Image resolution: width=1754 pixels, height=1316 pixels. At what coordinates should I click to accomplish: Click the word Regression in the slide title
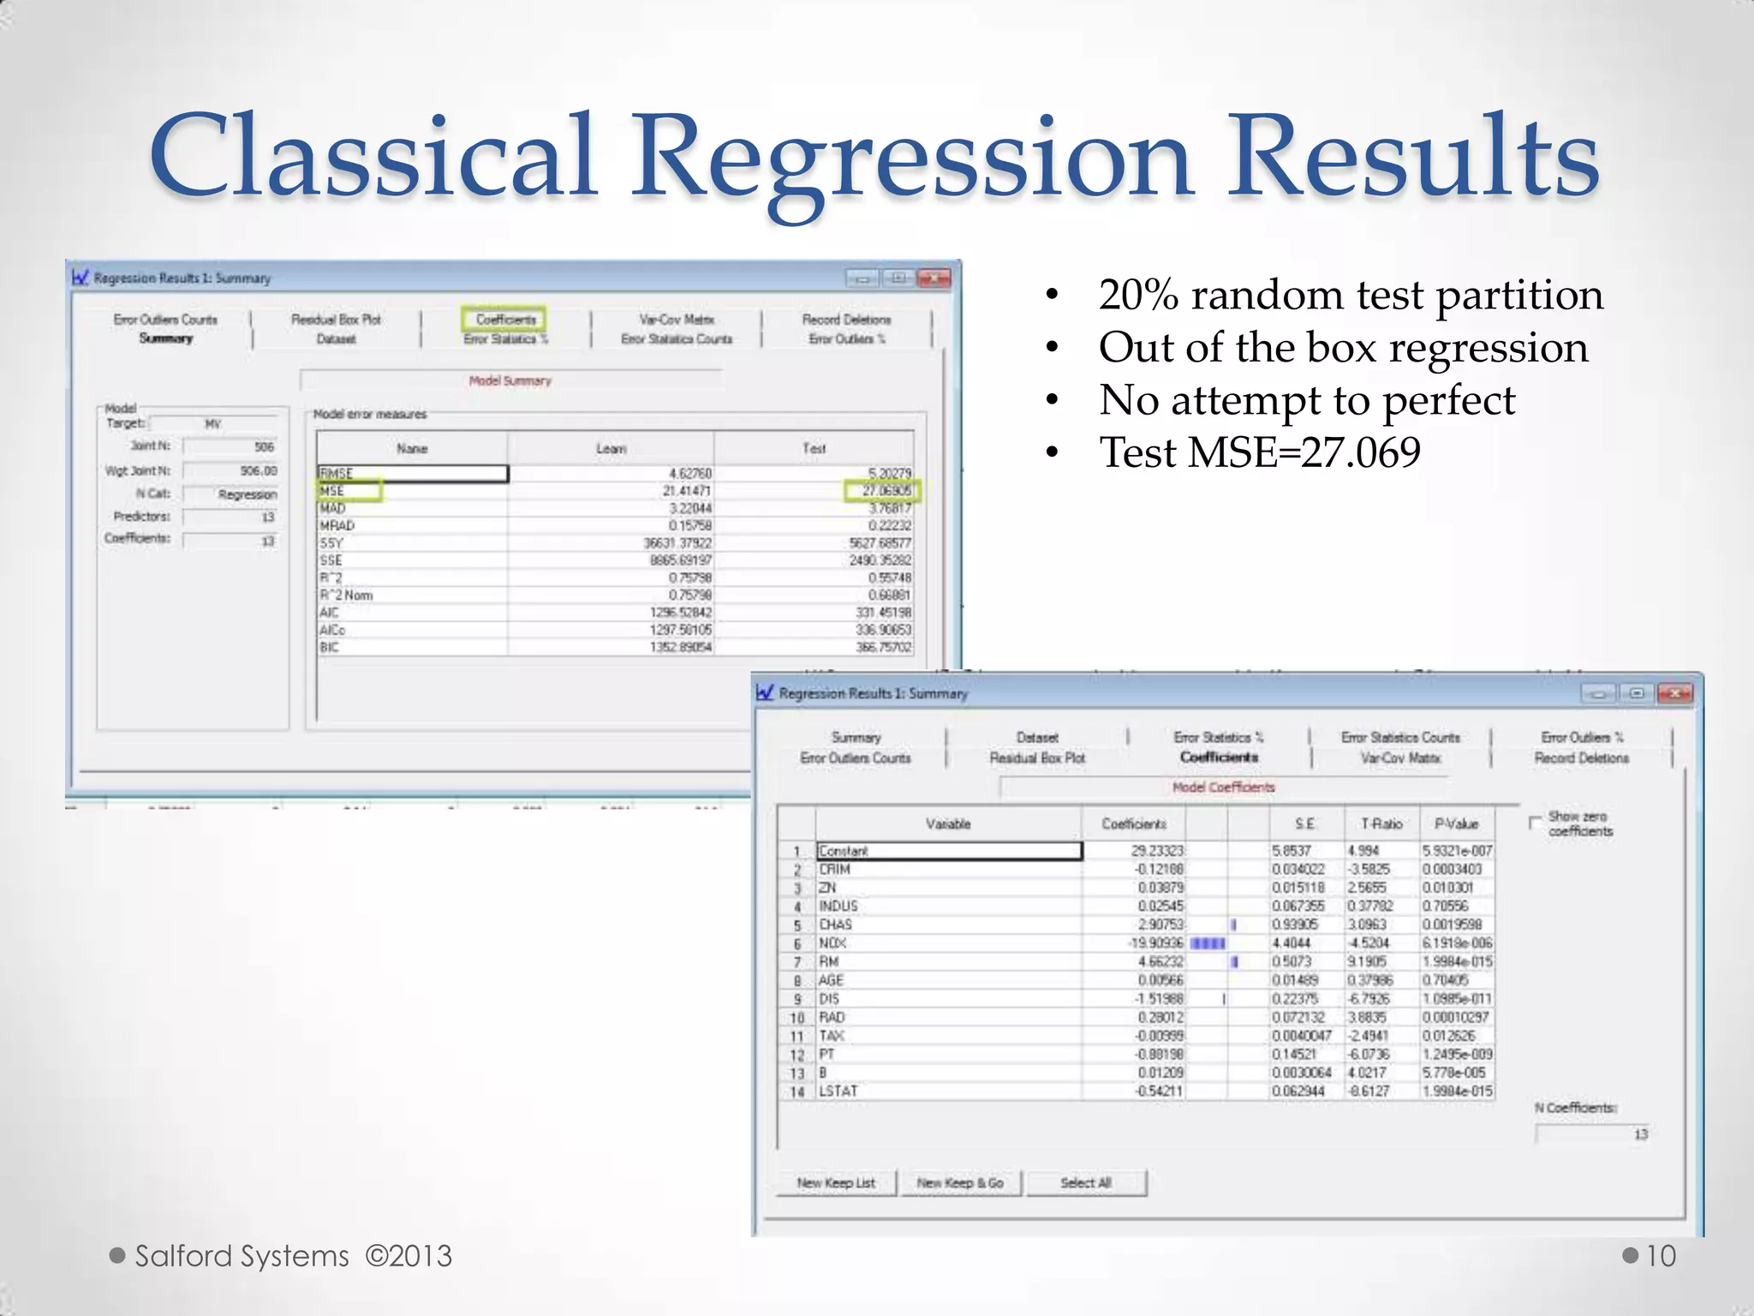point(912,159)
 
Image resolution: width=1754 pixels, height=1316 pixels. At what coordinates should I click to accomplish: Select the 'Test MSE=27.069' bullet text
point(1259,452)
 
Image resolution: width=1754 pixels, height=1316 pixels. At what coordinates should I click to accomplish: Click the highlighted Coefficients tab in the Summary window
point(504,320)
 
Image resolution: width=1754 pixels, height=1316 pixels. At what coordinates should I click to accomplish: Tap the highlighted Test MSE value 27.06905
point(882,491)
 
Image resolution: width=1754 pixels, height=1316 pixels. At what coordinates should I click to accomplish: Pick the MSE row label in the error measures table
point(332,491)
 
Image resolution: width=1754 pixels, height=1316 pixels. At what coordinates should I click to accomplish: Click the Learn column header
point(611,448)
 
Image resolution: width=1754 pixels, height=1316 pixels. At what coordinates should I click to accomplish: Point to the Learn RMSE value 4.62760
point(689,473)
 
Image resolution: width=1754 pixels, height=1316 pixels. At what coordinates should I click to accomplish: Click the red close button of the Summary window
point(933,278)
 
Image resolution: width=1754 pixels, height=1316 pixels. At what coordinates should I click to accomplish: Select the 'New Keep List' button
point(836,1182)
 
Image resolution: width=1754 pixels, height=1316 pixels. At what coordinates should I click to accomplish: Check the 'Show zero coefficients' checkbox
point(1535,822)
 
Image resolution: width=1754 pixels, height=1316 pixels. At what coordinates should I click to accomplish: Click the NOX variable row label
point(832,943)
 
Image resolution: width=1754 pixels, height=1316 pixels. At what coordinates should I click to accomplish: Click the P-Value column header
point(1457,823)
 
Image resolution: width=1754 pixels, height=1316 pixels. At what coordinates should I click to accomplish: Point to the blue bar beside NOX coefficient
point(1208,943)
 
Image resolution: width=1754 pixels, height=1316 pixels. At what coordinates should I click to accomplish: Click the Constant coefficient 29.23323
point(1157,851)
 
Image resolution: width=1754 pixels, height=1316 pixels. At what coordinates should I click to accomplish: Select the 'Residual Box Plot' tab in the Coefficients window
point(1037,758)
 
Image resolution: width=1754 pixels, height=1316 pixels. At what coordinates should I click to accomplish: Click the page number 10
point(1660,1256)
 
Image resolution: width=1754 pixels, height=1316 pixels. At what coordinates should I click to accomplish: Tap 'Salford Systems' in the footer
point(242,1256)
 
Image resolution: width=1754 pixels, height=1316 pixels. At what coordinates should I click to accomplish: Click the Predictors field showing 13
point(230,517)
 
